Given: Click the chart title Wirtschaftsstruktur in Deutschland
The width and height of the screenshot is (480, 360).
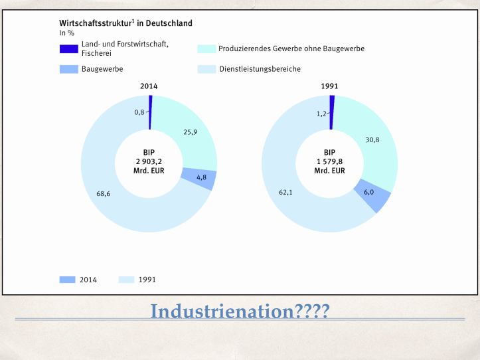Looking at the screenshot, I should tap(125, 23).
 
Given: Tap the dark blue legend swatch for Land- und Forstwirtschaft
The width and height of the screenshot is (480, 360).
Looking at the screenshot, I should tap(68, 48).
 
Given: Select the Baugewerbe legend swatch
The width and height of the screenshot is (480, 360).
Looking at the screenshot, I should tap(68, 68).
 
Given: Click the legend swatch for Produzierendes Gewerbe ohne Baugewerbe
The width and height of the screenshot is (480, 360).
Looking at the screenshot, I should tap(206, 48).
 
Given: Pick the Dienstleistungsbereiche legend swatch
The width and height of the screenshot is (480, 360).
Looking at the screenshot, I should tap(206, 68).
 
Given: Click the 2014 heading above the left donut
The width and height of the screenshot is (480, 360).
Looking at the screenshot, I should tap(149, 86).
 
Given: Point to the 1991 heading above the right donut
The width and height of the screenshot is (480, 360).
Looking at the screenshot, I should tap(330, 86).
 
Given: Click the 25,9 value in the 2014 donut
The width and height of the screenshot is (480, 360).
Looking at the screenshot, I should tap(190, 132).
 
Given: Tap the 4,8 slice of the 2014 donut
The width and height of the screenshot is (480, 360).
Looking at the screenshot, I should tap(201, 177).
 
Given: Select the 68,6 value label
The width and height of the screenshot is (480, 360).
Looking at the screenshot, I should tap(104, 194).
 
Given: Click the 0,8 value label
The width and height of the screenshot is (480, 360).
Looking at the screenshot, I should tap(139, 112).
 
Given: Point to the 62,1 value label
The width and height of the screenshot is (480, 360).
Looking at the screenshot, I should tap(285, 192).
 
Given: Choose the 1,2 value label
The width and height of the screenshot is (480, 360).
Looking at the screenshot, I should tap(320, 114).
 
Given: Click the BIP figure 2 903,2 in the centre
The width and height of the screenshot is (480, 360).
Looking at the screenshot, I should tap(149, 161).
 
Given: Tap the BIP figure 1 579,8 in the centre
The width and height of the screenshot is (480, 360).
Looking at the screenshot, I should tap(330, 161).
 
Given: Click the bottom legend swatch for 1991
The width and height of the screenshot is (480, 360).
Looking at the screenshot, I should tap(127, 280).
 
